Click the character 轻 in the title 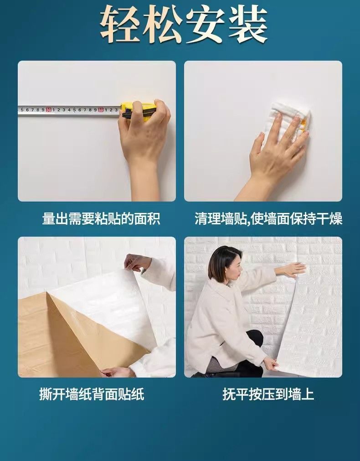click(120, 24)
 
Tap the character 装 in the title click(247, 24)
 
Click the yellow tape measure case click(139, 110)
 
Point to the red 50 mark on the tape click(48, 109)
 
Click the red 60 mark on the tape click(101, 109)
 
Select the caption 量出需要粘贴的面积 click(101, 219)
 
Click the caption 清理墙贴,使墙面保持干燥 click(268, 219)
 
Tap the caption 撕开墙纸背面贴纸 click(92, 394)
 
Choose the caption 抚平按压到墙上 click(268, 394)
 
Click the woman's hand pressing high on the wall click(293, 269)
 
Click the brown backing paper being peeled click(73, 338)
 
